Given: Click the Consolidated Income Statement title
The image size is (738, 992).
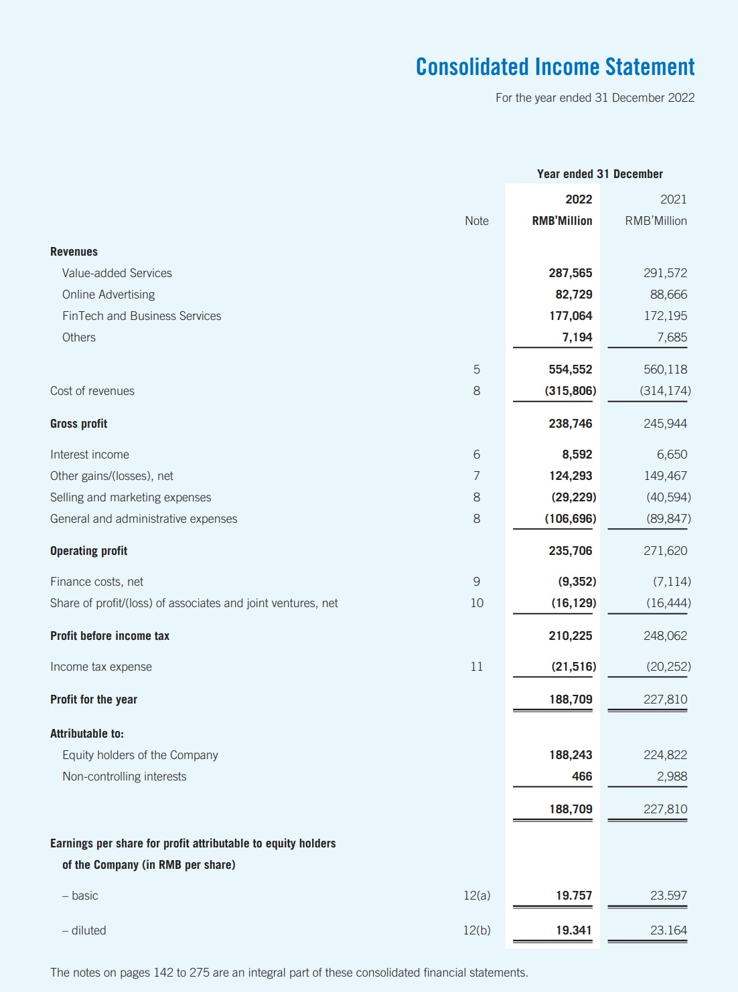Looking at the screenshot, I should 555,67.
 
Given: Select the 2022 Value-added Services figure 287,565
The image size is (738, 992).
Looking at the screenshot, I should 570,273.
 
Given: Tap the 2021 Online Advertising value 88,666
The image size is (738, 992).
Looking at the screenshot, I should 668,295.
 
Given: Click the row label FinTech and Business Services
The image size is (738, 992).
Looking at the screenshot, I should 141,316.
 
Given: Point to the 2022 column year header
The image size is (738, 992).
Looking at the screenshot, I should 578,199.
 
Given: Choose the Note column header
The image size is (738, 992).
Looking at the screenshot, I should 476,221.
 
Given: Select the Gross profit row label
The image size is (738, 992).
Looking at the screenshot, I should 78,424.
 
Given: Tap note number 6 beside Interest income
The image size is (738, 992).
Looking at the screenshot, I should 476,454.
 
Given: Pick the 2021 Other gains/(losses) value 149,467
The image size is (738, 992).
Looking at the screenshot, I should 665,476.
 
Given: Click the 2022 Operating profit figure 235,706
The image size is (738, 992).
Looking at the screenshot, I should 570,551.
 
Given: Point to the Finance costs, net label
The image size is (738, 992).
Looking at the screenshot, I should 96,582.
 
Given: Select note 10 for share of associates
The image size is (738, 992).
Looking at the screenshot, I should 476,603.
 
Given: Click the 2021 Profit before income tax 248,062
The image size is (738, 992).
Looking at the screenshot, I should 665,636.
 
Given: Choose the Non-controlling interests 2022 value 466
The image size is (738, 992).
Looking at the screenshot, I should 581,776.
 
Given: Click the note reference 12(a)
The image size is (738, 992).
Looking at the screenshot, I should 476,896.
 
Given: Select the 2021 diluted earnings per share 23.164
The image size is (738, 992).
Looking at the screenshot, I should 668,930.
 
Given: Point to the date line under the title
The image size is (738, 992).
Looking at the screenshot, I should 595,98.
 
